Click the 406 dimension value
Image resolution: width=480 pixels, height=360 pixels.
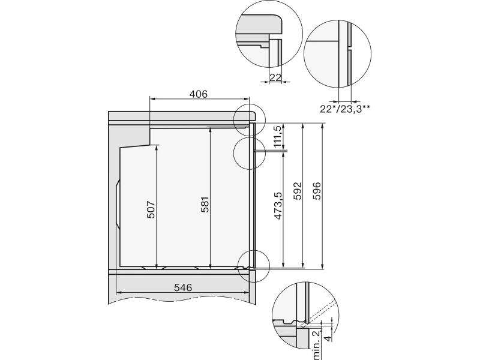pyautogui.click(x=199, y=94)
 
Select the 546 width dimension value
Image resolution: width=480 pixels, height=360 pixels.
pyautogui.click(x=183, y=287)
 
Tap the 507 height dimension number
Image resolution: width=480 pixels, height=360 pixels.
pyautogui.click(x=152, y=209)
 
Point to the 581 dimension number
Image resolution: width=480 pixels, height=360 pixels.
pyautogui.click(x=205, y=205)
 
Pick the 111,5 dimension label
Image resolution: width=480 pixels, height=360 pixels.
pyautogui.click(x=278, y=136)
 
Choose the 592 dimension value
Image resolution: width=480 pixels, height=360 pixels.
pyautogui.click(x=297, y=191)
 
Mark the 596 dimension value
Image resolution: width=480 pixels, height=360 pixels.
pyautogui.click(x=317, y=191)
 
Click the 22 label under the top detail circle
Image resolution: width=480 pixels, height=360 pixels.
pyautogui.click(x=275, y=77)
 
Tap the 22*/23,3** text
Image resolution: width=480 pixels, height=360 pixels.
pyautogui.click(x=345, y=109)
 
